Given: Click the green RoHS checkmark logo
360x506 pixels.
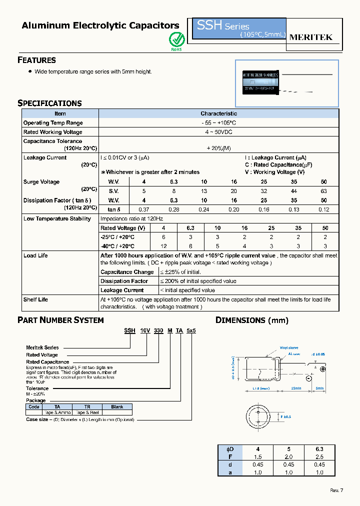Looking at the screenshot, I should coord(176,39).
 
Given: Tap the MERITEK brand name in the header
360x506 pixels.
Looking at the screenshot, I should coord(310,37).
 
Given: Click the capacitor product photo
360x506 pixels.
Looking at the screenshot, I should coord(261,81).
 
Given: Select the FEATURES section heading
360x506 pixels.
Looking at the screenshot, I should coord(36,60).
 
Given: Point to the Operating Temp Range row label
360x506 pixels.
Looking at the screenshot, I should coord(53,123).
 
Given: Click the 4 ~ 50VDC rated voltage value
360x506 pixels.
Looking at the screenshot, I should coord(218,132).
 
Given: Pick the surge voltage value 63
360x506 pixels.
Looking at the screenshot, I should coord(324,191).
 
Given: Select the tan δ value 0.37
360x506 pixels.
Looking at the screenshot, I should coord(143,209).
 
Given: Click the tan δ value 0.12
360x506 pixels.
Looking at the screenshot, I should coord(324,209).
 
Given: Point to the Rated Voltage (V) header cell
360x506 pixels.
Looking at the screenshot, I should coord(123,228).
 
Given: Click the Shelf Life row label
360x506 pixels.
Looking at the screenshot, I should coord(35,299).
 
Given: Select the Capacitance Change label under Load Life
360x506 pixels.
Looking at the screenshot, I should coord(127,272).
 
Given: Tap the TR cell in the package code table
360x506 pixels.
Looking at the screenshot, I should coord(87,406).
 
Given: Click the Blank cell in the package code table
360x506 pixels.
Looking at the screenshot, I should coord(117,406).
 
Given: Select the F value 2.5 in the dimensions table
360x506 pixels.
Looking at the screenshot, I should coord(320,456).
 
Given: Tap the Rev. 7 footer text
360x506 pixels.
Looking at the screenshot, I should coord(337,490).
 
